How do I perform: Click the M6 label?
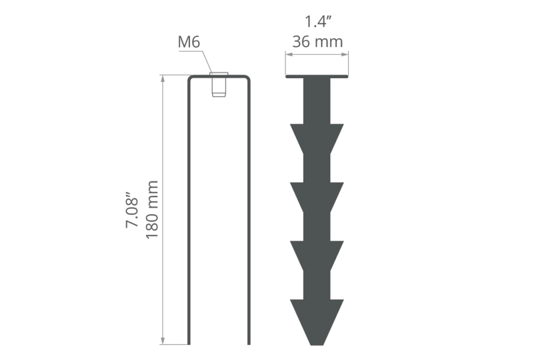pyautogui.click(x=189, y=42)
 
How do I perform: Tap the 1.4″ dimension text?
pyautogui.click(x=318, y=21)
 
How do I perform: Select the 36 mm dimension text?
pyautogui.click(x=318, y=42)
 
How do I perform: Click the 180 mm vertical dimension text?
pyautogui.click(x=152, y=210)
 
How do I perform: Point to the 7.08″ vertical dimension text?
pyautogui.click(x=132, y=211)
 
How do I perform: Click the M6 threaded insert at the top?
pyautogui.click(x=219, y=85)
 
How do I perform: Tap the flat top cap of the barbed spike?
pyautogui.click(x=317, y=76)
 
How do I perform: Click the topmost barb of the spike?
pyautogui.click(x=317, y=139)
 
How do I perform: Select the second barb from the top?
pyautogui.click(x=317, y=197)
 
